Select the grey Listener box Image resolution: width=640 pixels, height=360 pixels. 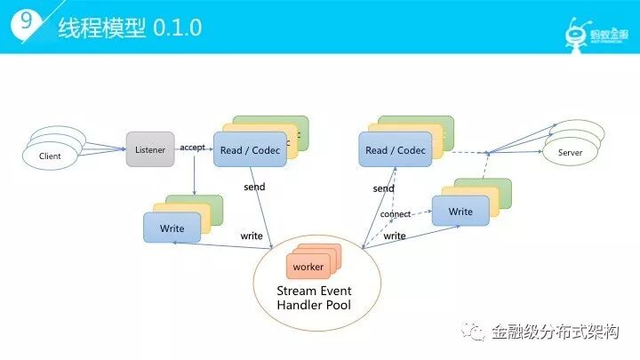coord(150,150)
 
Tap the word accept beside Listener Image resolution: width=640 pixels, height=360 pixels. coord(193,147)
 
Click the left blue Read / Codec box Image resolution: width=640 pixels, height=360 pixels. coord(248,150)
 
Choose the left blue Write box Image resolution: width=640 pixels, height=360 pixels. coord(172,228)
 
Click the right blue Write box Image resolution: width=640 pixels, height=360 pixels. coord(460,212)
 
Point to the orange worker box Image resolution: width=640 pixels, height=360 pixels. coord(308,267)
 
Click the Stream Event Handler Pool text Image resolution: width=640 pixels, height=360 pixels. coord(315,298)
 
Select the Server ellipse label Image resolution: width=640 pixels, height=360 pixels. coord(570,153)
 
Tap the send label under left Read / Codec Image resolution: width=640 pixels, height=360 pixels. coord(254,188)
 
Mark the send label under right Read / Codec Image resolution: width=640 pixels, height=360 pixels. coord(383,188)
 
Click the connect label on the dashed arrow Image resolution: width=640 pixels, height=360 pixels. coord(396,215)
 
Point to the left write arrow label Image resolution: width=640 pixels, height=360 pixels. coord(251,236)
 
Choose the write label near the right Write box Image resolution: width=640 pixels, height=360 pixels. coord(395,236)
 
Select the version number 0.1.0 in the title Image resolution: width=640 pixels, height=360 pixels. coord(178,28)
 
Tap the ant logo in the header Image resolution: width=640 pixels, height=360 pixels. coord(578,28)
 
